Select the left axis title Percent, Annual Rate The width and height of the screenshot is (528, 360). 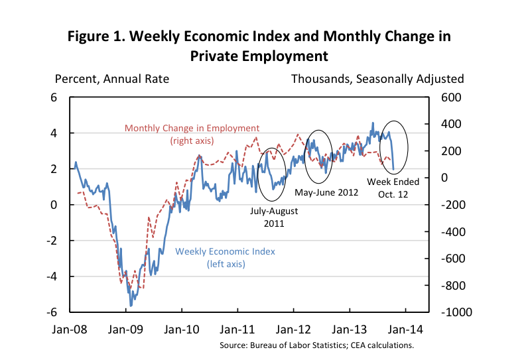point(112,79)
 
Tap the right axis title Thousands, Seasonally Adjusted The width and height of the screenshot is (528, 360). point(377,79)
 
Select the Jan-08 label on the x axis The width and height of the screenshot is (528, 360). point(70,328)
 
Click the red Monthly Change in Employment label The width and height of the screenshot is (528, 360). point(192,134)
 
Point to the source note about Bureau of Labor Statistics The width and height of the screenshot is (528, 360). point(317,345)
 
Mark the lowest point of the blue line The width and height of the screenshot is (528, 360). point(131,306)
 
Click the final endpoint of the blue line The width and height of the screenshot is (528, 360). point(393,169)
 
